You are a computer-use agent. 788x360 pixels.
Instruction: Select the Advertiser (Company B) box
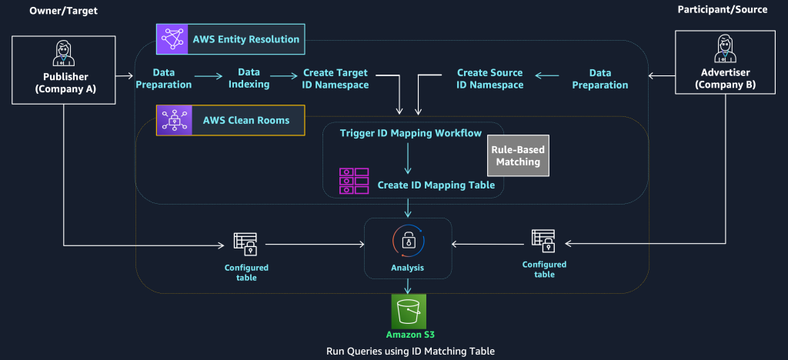coord(726,62)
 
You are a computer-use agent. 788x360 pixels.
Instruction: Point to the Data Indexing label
coord(249,78)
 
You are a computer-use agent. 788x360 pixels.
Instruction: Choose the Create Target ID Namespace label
coord(336,78)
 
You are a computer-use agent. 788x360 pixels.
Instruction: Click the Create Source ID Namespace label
coord(489,78)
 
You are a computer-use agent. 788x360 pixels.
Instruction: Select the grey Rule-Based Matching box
coord(516,156)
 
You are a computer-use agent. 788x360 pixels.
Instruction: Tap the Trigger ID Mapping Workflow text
coord(411,133)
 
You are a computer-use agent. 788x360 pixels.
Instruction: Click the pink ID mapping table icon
coord(354,182)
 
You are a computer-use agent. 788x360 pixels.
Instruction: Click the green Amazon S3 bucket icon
coord(409,313)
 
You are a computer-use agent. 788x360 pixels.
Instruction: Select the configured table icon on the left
coord(245,243)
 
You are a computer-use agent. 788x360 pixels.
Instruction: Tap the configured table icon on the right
coord(543,241)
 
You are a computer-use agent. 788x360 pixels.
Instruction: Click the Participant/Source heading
coord(721,10)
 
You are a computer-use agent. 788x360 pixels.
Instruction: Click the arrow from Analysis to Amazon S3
coord(409,285)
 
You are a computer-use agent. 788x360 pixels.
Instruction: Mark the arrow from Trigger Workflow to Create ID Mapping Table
coord(408,157)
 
